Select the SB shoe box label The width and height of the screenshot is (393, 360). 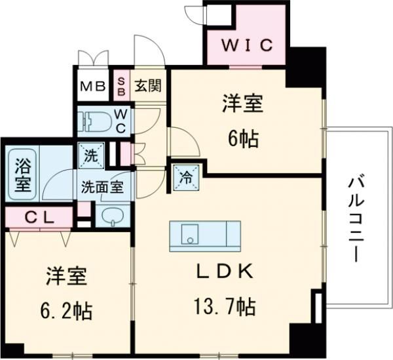[121, 85]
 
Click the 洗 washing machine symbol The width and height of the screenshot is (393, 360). [89, 155]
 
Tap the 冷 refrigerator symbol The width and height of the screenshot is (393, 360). [185, 176]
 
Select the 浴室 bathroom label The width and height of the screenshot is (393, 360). [22, 174]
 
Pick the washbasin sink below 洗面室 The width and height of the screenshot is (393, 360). [113, 216]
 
